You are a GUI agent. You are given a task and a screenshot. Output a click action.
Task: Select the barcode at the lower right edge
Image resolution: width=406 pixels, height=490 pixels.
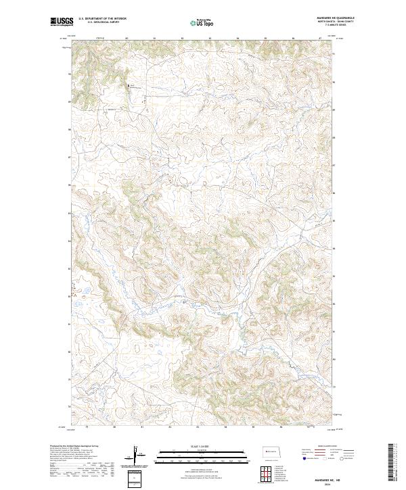[x=392, y=465]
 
